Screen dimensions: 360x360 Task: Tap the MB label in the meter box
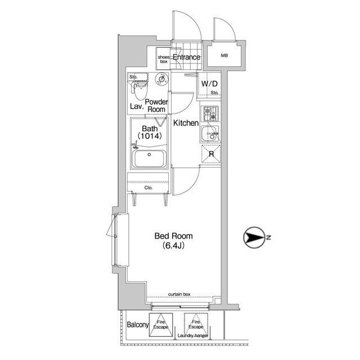[224, 55]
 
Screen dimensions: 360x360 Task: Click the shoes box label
[163, 59]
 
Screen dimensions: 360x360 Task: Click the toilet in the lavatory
[139, 84]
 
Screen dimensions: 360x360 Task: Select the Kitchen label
[185, 123]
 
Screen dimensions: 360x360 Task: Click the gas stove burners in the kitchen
[210, 113]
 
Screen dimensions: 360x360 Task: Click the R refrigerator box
[210, 154]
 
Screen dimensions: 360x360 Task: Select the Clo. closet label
[148, 188]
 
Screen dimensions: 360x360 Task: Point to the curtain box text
[179, 294]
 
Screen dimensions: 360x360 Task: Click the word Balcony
[137, 325]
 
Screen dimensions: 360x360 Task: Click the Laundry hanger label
[193, 336]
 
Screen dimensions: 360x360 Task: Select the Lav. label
[136, 106]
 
